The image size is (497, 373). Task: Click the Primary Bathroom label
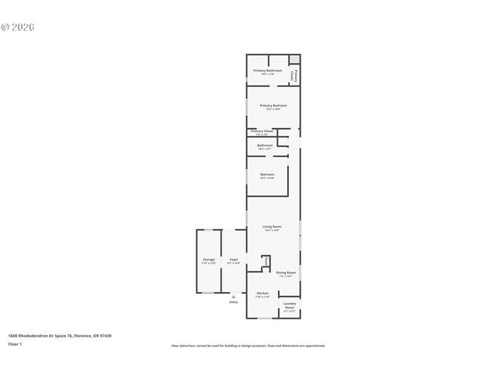267,71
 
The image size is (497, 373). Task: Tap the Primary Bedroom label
273,106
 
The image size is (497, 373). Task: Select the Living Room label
272,227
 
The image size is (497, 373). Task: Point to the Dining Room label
286,273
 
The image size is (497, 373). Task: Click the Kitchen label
262,294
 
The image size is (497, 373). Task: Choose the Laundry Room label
290,305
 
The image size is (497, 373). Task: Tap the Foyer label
233,260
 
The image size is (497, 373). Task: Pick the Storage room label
208,260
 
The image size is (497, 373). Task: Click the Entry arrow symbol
233,295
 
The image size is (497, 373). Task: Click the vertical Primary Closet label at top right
292,75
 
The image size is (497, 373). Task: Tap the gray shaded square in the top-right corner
294,59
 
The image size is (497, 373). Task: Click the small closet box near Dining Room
265,262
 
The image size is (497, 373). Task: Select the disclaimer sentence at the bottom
248,345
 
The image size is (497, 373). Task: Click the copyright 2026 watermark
18,27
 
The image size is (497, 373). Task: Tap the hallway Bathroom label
265,145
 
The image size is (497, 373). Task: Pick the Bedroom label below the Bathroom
267,174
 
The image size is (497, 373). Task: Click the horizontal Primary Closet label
262,131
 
